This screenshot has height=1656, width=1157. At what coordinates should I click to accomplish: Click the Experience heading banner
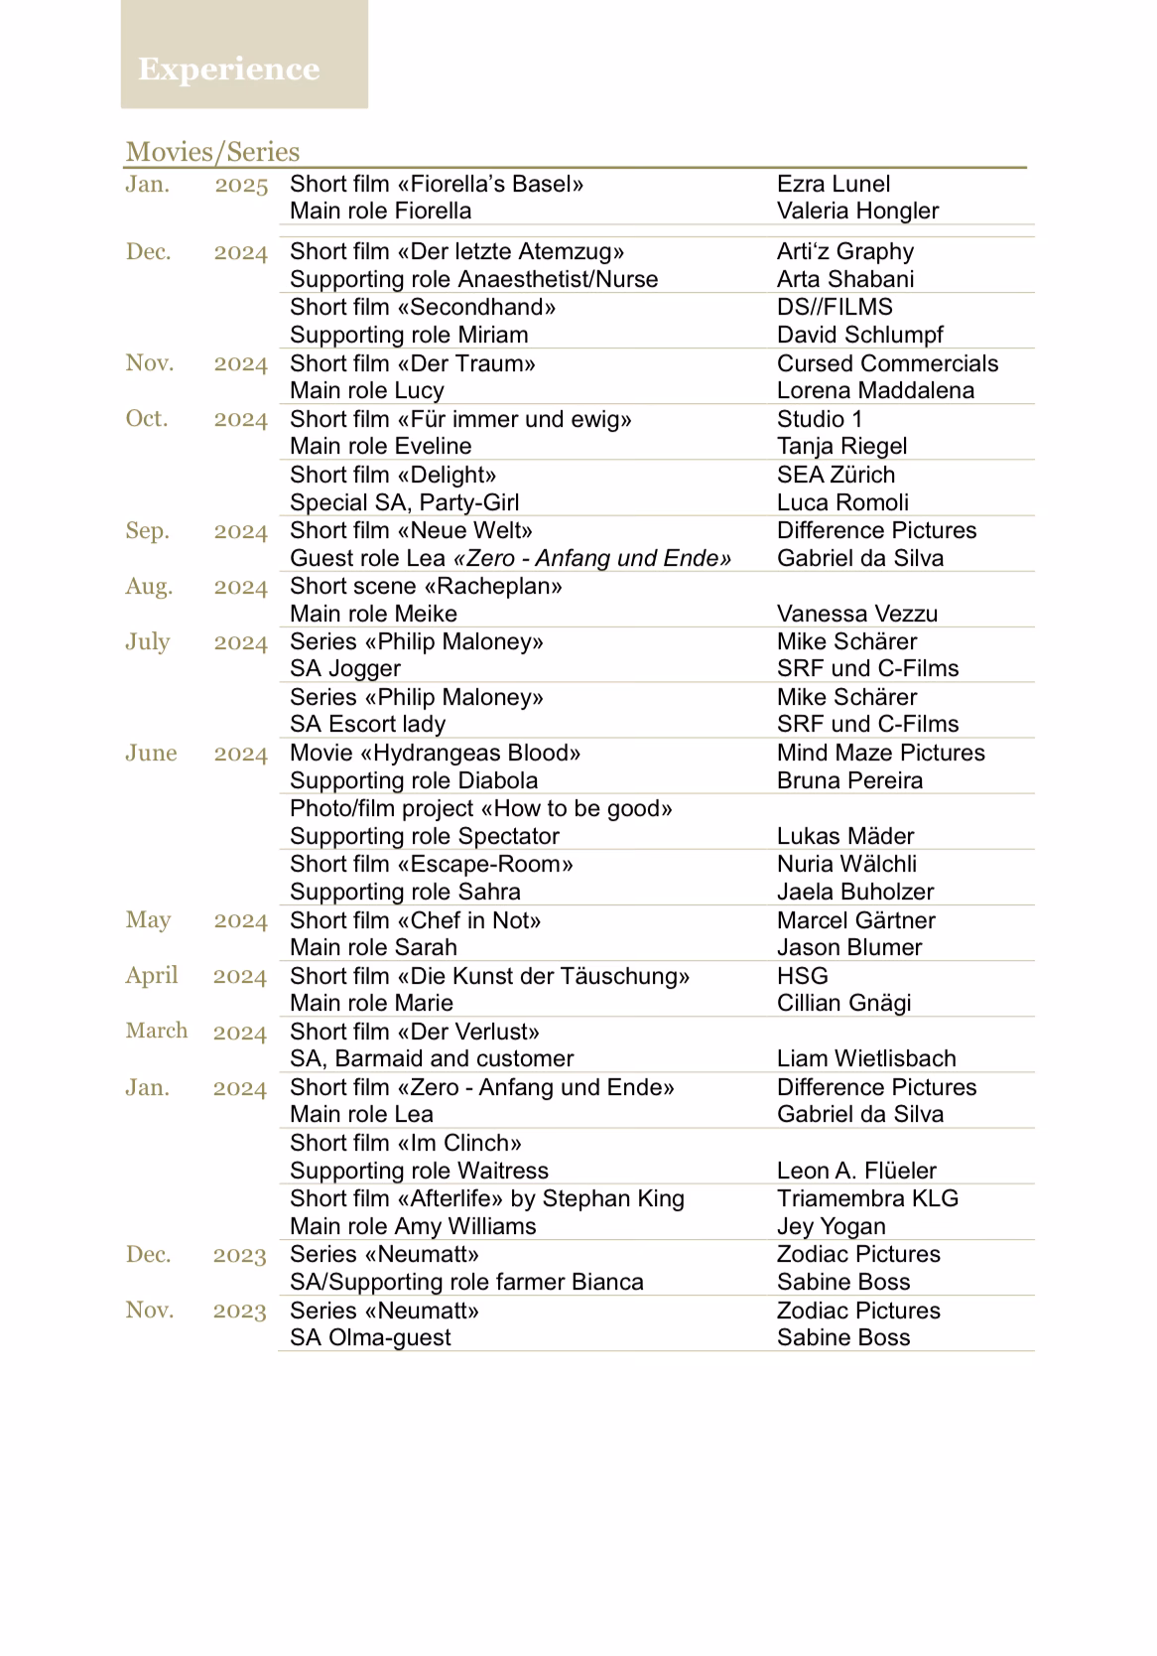point(229,69)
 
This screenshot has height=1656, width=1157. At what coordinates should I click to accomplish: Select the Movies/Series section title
point(212,152)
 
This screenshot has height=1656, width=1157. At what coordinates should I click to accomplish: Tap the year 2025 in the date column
point(241,185)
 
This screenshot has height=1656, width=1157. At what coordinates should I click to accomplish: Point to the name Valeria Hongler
point(857,210)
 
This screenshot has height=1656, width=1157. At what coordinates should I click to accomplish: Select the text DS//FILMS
point(835,307)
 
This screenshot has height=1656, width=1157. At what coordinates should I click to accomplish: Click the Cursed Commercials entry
point(887,363)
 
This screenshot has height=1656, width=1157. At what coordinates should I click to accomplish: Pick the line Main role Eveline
point(380,446)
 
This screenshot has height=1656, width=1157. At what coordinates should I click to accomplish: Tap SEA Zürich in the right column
point(836,475)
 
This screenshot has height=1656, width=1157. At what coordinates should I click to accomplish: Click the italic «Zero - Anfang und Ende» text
point(592,558)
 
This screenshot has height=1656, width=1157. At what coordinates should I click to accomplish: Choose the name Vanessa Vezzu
point(856,614)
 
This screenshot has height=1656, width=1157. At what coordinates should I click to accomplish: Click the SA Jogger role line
point(345,668)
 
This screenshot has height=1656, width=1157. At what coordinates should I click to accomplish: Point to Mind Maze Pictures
point(880,753)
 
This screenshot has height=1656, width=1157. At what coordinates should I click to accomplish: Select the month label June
point(151,753)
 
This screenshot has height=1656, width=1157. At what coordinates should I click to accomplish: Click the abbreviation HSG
point(802,976)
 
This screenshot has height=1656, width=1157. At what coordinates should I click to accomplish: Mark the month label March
point(156,1031)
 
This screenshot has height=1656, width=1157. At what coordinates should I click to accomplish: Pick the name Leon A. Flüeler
point(856,1171)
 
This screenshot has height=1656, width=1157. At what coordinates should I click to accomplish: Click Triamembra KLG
point(867,1198)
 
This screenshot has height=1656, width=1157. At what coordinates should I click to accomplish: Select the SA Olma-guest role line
point(370,1337)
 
